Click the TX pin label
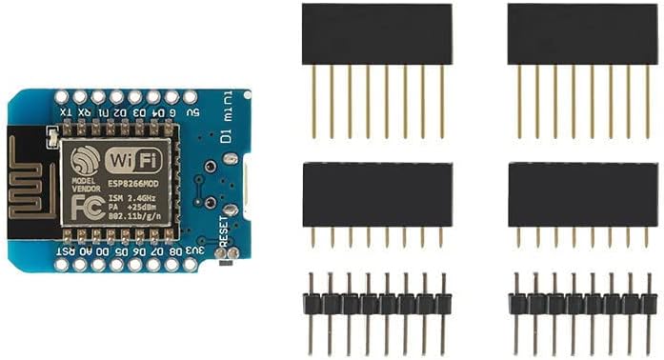[x=65, y=112]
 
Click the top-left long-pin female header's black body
[x=377, y=34]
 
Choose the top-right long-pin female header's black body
[x=582, y=34]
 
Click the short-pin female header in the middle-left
[x=377, y=194]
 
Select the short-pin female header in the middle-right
[x=582, y=194]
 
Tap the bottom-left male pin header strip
[x=377, y=304]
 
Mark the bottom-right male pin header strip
[x=582, y=304]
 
